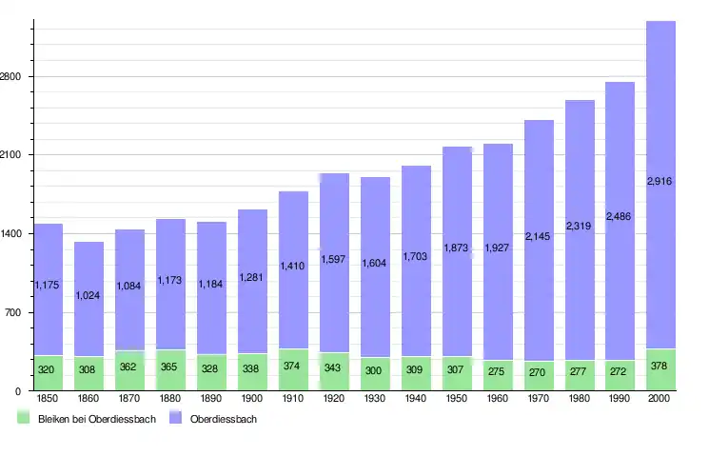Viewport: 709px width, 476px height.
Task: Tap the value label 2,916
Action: (x=660, y=182)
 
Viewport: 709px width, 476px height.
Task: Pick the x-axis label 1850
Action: (x=48, y=398)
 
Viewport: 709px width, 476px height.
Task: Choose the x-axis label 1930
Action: (x=375, y=398)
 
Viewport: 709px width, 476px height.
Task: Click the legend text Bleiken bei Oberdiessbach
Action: (x=96, y=419)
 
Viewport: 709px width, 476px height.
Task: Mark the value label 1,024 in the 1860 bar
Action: (x=89, y=295)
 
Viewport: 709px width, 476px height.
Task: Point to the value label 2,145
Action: (x=538, y=236)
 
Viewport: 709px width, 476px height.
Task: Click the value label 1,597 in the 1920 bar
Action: (x=334, y=259)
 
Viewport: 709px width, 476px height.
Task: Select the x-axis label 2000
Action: (x=660, y=398)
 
